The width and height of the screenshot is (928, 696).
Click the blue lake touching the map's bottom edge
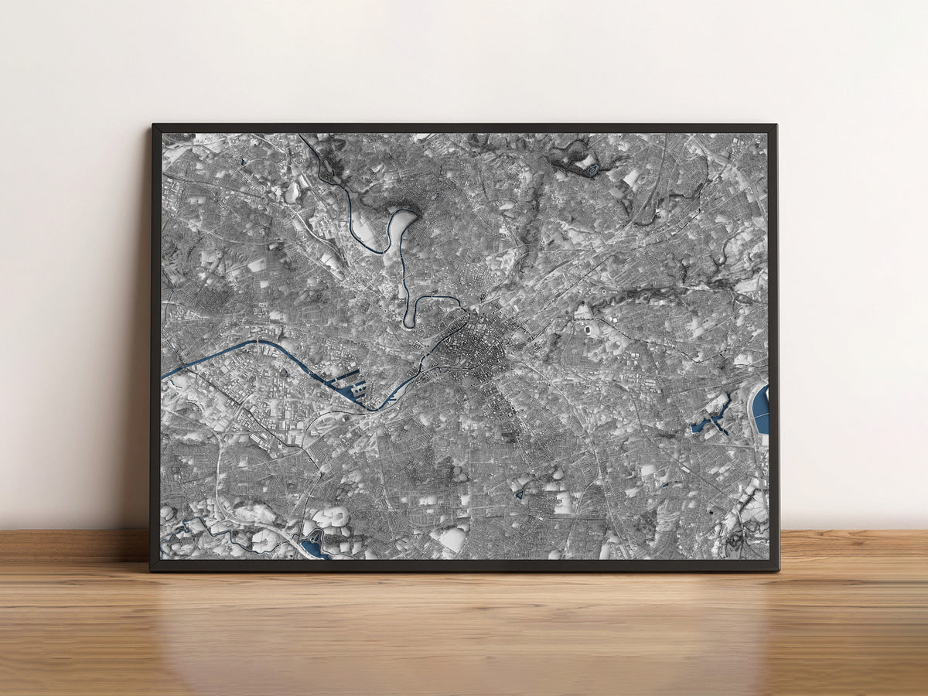[314, 550]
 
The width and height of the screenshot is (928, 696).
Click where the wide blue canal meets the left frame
[164, 377]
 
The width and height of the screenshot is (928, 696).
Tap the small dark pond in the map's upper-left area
[241, 162]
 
